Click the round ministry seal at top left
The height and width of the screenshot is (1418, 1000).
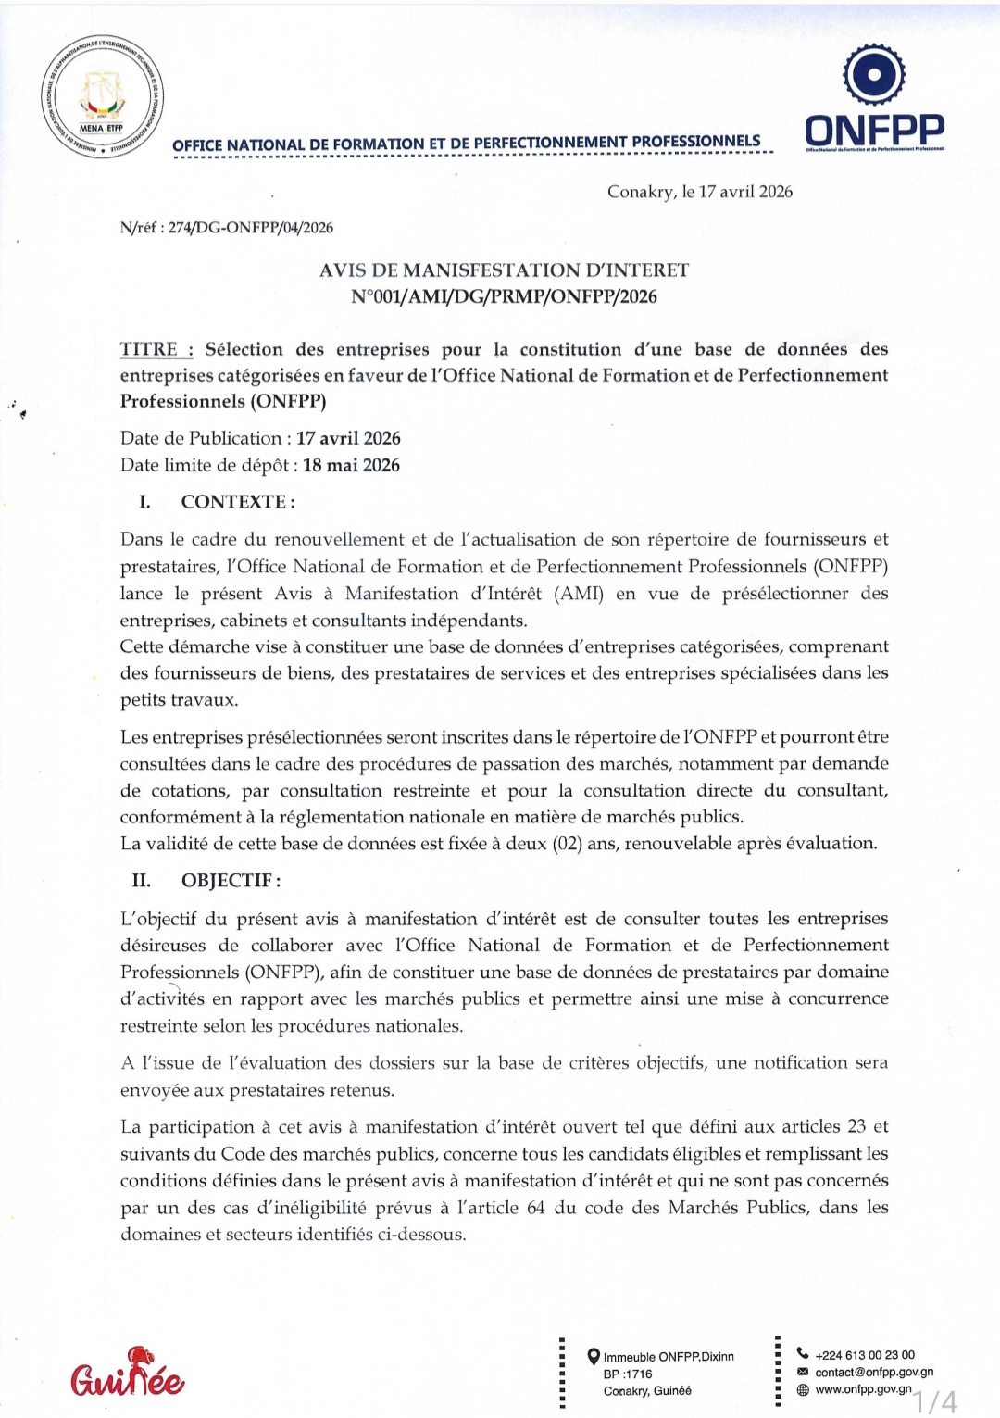[103, 99]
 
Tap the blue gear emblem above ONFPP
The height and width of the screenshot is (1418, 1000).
[873, 74]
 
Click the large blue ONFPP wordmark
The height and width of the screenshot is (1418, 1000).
[874, 130]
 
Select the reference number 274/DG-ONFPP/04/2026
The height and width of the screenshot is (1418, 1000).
[250, 228]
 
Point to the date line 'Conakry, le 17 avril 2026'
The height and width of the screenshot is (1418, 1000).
[699, 192]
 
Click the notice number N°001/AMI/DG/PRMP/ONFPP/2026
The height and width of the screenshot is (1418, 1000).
[504, 296]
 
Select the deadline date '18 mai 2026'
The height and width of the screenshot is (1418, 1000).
[351, 465]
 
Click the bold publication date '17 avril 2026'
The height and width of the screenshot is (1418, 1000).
[348, 438]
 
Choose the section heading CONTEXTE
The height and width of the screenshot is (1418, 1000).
[237, 502]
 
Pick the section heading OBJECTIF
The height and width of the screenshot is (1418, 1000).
[231, 881]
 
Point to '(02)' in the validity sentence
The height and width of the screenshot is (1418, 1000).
[567, 844]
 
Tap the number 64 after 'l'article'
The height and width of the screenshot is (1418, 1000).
[535, 1208]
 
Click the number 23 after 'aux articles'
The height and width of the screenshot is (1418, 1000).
[856, 1127]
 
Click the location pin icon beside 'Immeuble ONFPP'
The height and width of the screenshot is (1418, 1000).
[594, 1357]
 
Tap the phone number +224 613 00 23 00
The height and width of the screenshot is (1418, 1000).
[865, 1355]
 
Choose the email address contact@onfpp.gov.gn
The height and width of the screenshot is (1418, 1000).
[874, 1373]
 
